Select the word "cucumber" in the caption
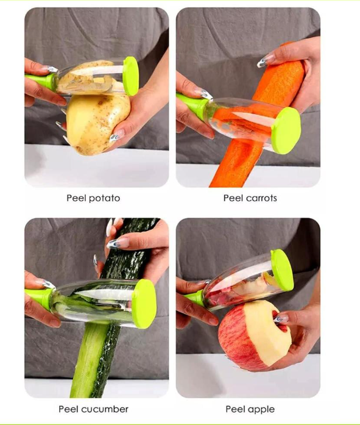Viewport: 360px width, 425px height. (x=110, y=409)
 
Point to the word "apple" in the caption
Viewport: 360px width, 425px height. (x=259, y=409)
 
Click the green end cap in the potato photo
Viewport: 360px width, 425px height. (x=131, y=76)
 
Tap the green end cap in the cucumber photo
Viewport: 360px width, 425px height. (x=144, y=302)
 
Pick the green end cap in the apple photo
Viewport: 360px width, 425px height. (x=281, y=270)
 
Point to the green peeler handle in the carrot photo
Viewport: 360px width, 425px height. (x=192, y=104)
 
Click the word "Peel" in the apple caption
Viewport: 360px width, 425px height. (x=235, y=409)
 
